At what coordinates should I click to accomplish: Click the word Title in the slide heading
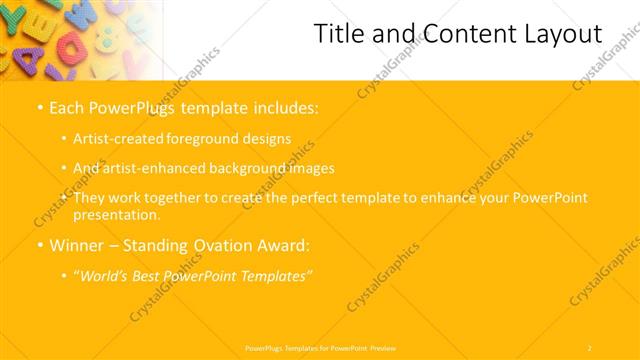[338, 35]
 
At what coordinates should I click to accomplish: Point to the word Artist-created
[114, 139]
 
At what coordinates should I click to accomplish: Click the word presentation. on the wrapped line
[116, 214]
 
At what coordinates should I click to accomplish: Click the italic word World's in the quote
[107, 275]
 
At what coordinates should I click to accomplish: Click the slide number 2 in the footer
[590, 347]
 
